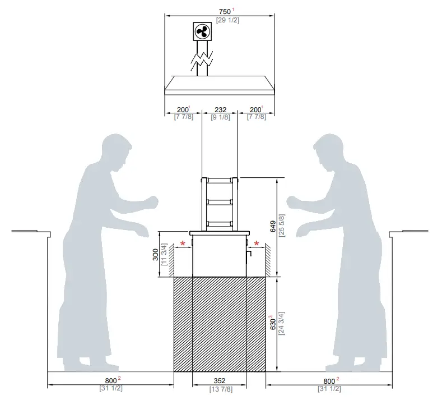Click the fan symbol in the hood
click(202, 31)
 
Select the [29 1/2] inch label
click(220, 20)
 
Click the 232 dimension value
click(220, 109)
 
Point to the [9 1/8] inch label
click(220, 117)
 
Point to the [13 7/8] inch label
click(220, 389)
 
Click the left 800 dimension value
click(110, 381)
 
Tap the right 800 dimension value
click(329, 381)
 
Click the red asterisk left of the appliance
click(183, 244)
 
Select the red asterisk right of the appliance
click(257, 244)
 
